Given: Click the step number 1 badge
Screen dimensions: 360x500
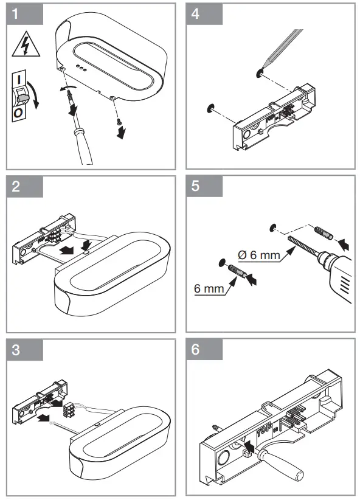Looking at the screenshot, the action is coord(24,14).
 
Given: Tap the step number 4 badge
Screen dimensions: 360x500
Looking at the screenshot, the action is coord(204,14).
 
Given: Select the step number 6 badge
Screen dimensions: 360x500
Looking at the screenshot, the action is coord(204,350).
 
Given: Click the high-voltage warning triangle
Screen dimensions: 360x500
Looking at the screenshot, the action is coord(26,45).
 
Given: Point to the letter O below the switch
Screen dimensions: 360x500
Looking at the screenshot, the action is coord(18,113).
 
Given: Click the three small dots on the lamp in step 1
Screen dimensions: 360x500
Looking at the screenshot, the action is coord(81,68).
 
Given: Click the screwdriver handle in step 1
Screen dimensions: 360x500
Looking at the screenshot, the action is coord(83,147).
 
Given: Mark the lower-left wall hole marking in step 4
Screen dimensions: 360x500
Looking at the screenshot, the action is coord(210,108).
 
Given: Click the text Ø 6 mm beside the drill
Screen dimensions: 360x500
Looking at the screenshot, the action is coord(259,255).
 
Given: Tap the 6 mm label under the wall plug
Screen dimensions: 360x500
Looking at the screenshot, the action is coord(209,288).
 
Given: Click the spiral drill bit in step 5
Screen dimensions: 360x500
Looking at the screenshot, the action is coord(302,246).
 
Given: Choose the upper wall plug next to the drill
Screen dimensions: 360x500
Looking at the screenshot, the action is coord(324,233).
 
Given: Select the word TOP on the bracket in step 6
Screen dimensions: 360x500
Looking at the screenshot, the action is coord(265,430).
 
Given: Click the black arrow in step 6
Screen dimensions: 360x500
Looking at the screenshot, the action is coord(249,446).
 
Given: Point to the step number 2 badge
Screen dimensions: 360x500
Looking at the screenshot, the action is coord(24,187).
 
